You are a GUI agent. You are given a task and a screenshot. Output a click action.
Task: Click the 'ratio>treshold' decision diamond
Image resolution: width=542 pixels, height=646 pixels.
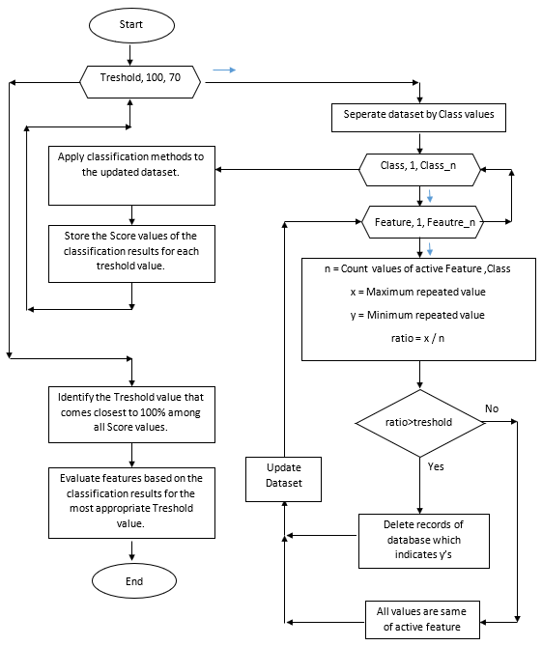click(x=420, y=421)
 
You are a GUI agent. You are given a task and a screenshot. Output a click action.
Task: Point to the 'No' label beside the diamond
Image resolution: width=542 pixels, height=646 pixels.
click(x=491, y=408)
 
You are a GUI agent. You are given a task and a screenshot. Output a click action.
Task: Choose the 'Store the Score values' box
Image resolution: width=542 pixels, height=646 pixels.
click(x=130, y=253)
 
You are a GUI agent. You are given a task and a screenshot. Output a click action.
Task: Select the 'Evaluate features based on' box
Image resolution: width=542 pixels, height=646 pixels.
click(x=130, y=502)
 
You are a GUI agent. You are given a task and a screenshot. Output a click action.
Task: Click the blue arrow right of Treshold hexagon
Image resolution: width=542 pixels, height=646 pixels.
click(x=223, y=70)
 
